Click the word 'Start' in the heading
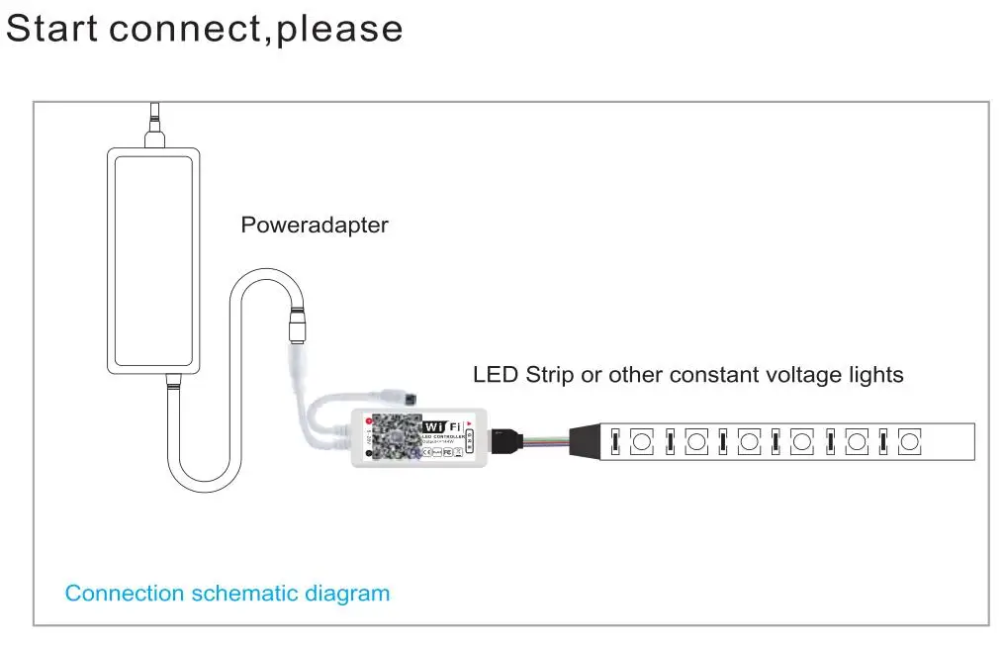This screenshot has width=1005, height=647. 51,28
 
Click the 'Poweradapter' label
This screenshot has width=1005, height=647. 315,225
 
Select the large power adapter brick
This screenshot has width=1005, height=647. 154,261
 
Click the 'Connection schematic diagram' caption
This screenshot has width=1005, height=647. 228,594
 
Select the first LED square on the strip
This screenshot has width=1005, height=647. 642,439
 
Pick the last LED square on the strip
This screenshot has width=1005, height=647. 909,439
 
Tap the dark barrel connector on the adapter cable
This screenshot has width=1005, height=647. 297,323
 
